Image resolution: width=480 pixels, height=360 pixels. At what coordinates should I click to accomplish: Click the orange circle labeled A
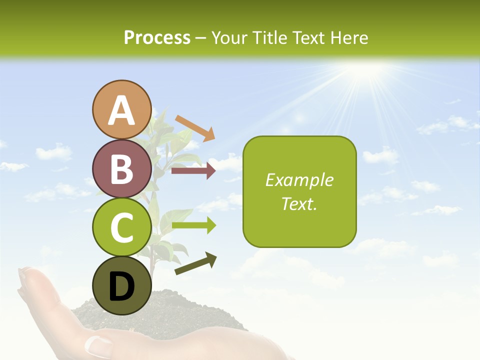(122, 109)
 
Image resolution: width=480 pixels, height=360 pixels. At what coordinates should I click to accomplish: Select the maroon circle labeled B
(122, 168)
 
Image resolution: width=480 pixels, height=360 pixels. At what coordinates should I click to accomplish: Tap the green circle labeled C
(122, 227)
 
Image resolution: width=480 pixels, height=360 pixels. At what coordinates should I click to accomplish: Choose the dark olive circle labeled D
(122, 285)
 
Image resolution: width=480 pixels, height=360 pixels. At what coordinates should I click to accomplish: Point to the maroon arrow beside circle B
(193, 171)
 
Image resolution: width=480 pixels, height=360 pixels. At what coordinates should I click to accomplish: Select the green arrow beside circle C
(193, 226)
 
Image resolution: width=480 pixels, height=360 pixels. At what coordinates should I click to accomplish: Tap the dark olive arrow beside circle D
(195, 263)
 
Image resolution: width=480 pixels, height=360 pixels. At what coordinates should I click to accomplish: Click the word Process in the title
(157, 37)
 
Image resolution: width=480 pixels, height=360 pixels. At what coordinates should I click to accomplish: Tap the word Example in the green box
(299, 180)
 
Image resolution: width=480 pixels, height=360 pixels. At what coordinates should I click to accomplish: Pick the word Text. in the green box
(299, 203)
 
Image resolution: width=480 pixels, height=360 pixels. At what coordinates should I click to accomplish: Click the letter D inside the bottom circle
(122, 286)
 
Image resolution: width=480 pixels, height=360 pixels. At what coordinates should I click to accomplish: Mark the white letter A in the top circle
(122, 110)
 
